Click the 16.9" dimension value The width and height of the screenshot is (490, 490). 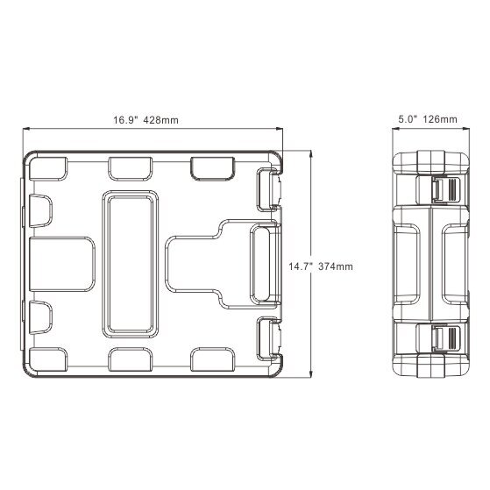(125, 120)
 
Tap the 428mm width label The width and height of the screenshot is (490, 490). (161, 120)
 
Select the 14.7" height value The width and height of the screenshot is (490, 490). (301, 266)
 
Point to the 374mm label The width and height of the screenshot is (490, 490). (336, 266)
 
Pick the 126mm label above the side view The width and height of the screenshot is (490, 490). (440, 119)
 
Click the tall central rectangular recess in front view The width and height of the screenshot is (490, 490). (131, 264)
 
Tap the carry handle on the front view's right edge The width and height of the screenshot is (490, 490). (265, 264)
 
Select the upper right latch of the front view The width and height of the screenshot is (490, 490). (269, 189)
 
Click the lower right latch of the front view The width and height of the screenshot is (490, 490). (269, 338)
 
